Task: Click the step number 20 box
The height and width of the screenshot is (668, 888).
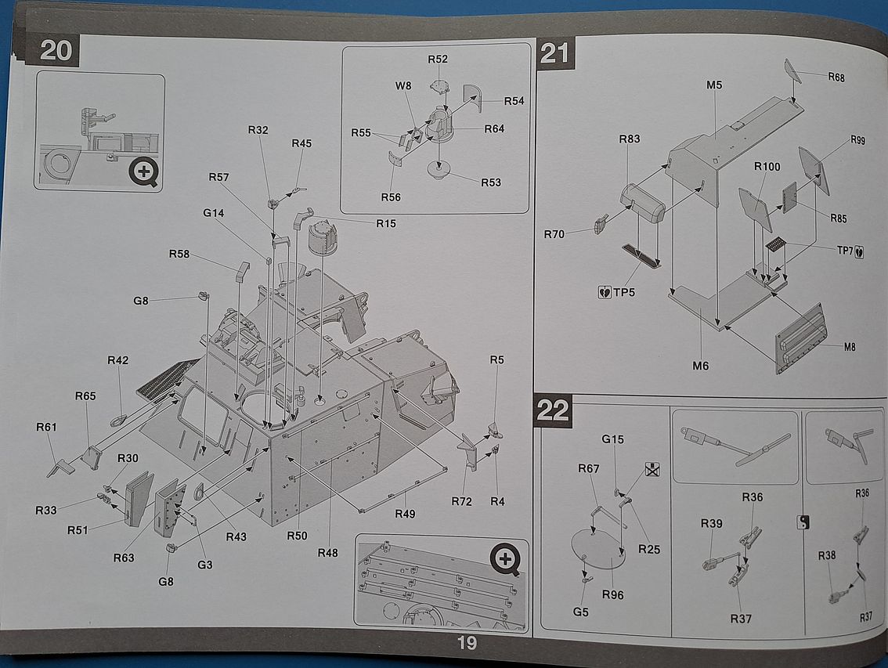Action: pyautogui.click(x=56, y=51)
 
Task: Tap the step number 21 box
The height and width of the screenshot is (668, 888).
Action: pyautogui.click(x=554, y=54)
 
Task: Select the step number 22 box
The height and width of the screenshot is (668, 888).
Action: pyautogui.click(x=553, y=410)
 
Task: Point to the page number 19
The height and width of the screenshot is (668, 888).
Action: pyautogui.click(x=467, y=644)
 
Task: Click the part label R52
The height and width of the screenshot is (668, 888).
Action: pyautogui.click(x=438, y=60)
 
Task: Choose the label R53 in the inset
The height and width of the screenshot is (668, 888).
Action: pyautogui.click(x=491, y=182)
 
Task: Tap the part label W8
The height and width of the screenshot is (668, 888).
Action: pyautogui.click(x=403, y=86)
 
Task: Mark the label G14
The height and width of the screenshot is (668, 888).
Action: pyautogui.click(x=213, y=213)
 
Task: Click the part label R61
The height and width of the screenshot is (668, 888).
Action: pyautogui.click(x=47, y=427)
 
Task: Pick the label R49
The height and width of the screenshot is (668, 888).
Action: pyautogui.click(x=405, y=515)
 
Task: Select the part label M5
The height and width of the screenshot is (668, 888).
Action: pyautogui.click(x=713, y=85)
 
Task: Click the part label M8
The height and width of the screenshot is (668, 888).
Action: pyautogui.click(x=850, y=347)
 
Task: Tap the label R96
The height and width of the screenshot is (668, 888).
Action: pyautogui.click(x=613, y=594)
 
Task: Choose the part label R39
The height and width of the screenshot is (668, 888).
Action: pyautogui.click(x=711, y=524)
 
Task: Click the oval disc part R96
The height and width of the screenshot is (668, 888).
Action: pyautogui.click(x=599, y=547)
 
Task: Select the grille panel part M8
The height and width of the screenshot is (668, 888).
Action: pyautogui.click(x=800, y=339)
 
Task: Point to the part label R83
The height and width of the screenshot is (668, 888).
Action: pyautogui.click(x=630, y=139)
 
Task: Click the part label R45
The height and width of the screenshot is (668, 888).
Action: pyautogui.click(x=301, y=143)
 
